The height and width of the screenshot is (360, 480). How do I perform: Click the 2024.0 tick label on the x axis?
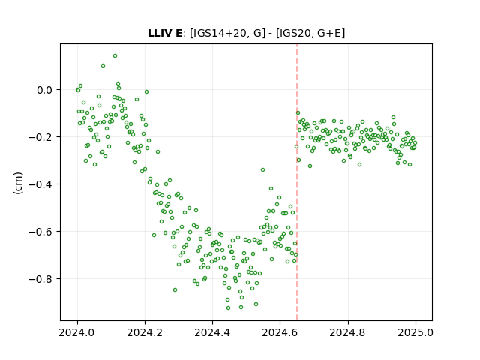pyautogui.click(x=77, y=332)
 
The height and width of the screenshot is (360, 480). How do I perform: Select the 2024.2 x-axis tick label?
pyautogui.click(x=145, y=332)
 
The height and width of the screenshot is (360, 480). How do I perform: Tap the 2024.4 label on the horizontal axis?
pyautogui.click(x=212, y=332)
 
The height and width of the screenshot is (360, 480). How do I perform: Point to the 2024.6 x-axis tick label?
pyautogui.click(x=280, y=332)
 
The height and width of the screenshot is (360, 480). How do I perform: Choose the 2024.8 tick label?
pyautogui.click(x=348, y=332)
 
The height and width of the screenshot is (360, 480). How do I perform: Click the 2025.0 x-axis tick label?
pyautogui.click(x=415, y=332)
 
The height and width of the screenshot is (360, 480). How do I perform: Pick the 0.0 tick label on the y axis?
pyautogui.click(x=44, y=90)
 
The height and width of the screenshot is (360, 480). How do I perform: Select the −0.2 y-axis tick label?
pyautogui.click(x=40, y=137)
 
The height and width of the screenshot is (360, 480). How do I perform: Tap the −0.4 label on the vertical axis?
pyautogui.click(x=40, y=184)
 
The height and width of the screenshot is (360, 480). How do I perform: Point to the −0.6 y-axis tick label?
pyautogui.click(x=40, y=232)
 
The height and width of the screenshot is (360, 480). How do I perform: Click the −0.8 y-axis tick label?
pyautogui.click(x=40, y=279)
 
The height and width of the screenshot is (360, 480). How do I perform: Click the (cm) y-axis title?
pyautogui.click(x=18, y=182)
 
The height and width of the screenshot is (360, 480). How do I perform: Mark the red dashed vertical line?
pyautogui.click(x=297, y=182)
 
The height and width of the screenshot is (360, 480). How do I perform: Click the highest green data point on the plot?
pyautogui.click(x=115, y=55)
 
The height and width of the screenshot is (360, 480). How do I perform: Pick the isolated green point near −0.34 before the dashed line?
pyautogui.click(x=262, y=170)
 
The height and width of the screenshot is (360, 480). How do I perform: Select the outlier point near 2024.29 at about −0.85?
pyautogui.click(x=175, y=290)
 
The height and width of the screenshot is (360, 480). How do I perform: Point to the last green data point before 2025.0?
pyautogui.click(x=415, y=142)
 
